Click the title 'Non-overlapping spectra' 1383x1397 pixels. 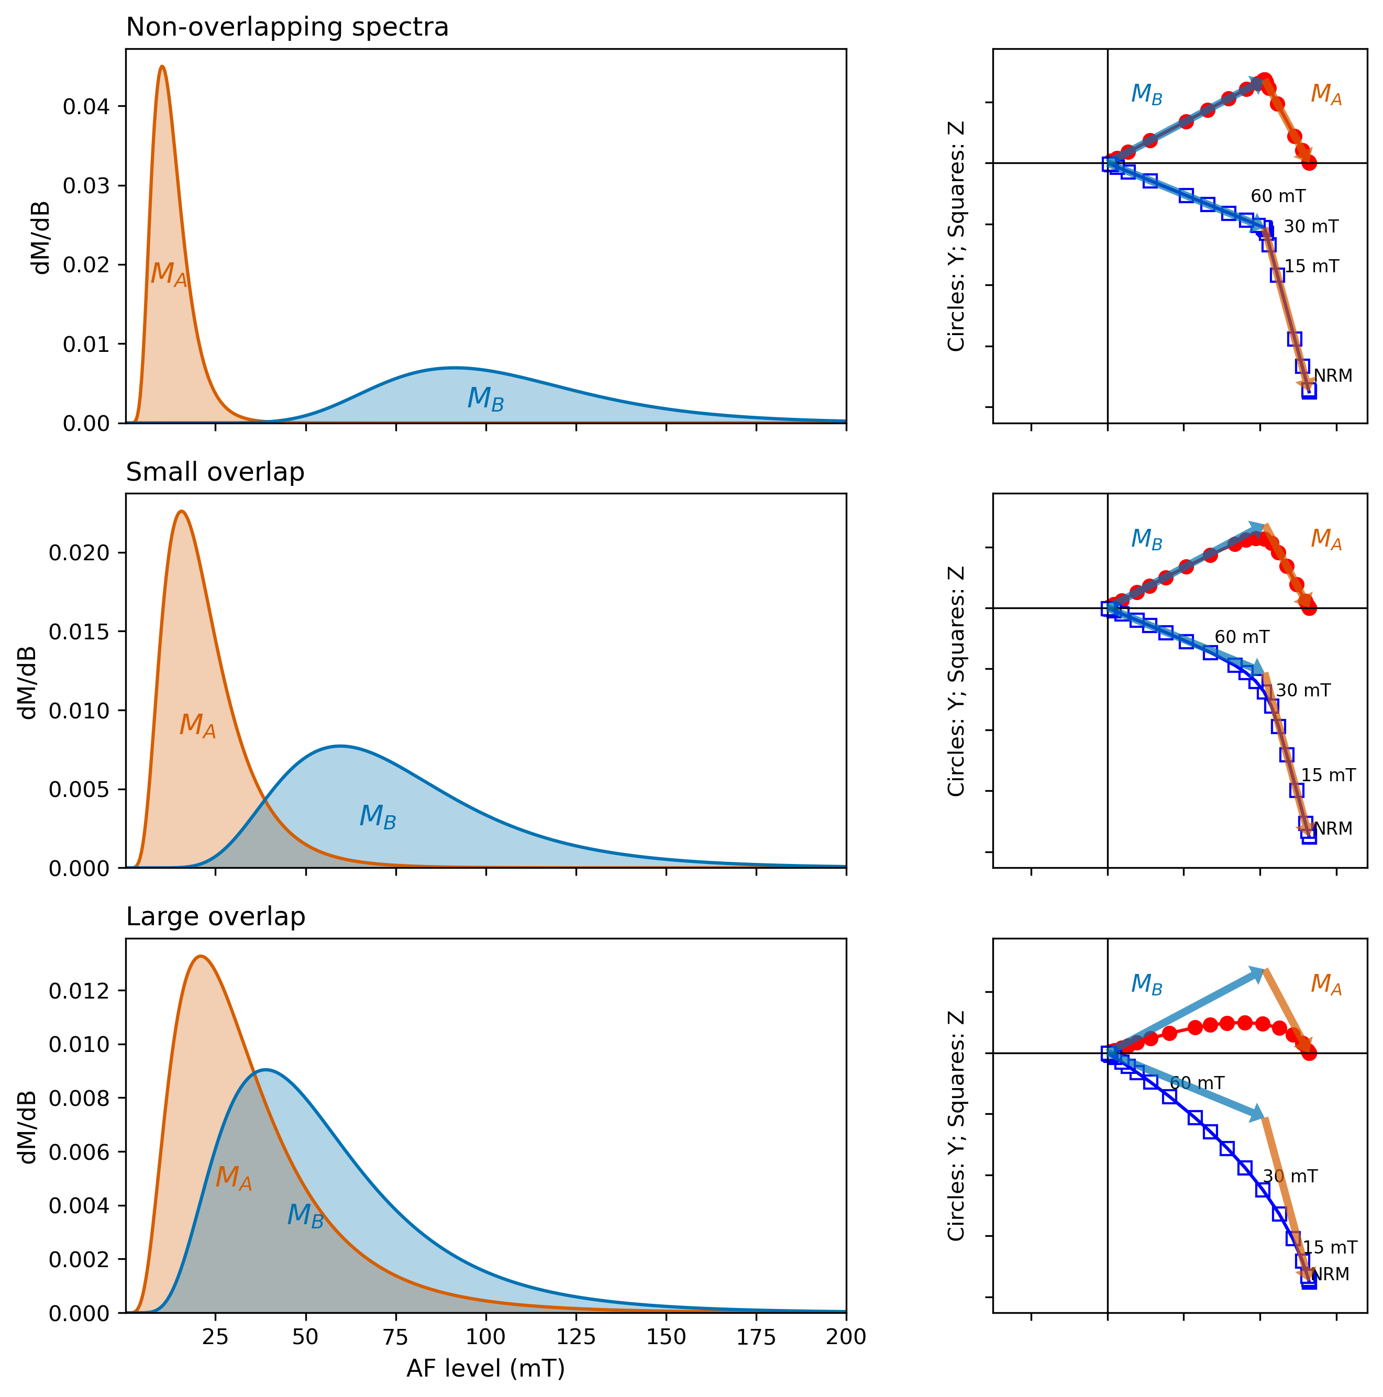287,27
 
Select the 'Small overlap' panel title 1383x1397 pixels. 215,472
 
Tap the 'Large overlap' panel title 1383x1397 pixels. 216,917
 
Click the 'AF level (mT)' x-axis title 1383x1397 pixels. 485,1368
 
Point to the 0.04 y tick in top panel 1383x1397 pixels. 85,107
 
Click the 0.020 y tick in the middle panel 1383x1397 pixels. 79,552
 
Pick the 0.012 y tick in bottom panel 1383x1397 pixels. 79,991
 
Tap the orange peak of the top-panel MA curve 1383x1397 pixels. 162,66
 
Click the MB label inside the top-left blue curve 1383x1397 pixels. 485,398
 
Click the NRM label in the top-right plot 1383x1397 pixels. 1332,375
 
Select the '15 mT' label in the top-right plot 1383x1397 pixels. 1311,266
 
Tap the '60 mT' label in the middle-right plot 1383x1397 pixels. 1241,637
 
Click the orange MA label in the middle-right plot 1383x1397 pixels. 1326,539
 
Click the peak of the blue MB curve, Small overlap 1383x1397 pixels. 340,746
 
